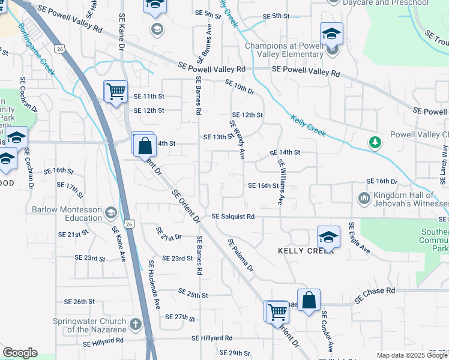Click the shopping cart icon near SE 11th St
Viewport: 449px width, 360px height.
(115, 92)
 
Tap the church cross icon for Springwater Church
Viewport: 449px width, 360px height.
(136, 325)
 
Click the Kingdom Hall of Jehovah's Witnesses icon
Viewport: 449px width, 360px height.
(364, 198)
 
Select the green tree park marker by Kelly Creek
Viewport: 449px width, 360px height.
(375, 142)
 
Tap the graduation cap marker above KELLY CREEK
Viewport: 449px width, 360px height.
(328, 238)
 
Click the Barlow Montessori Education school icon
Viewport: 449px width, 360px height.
(110, 213)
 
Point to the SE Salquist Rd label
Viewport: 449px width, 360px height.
(233, 216)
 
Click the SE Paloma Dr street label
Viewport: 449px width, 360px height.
(241, 259)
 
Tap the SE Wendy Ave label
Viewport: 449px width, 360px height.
(237, 140)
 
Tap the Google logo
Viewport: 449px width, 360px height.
(19, 353)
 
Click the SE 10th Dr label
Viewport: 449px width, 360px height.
(240, 87)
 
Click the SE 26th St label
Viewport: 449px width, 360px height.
(75, 301)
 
